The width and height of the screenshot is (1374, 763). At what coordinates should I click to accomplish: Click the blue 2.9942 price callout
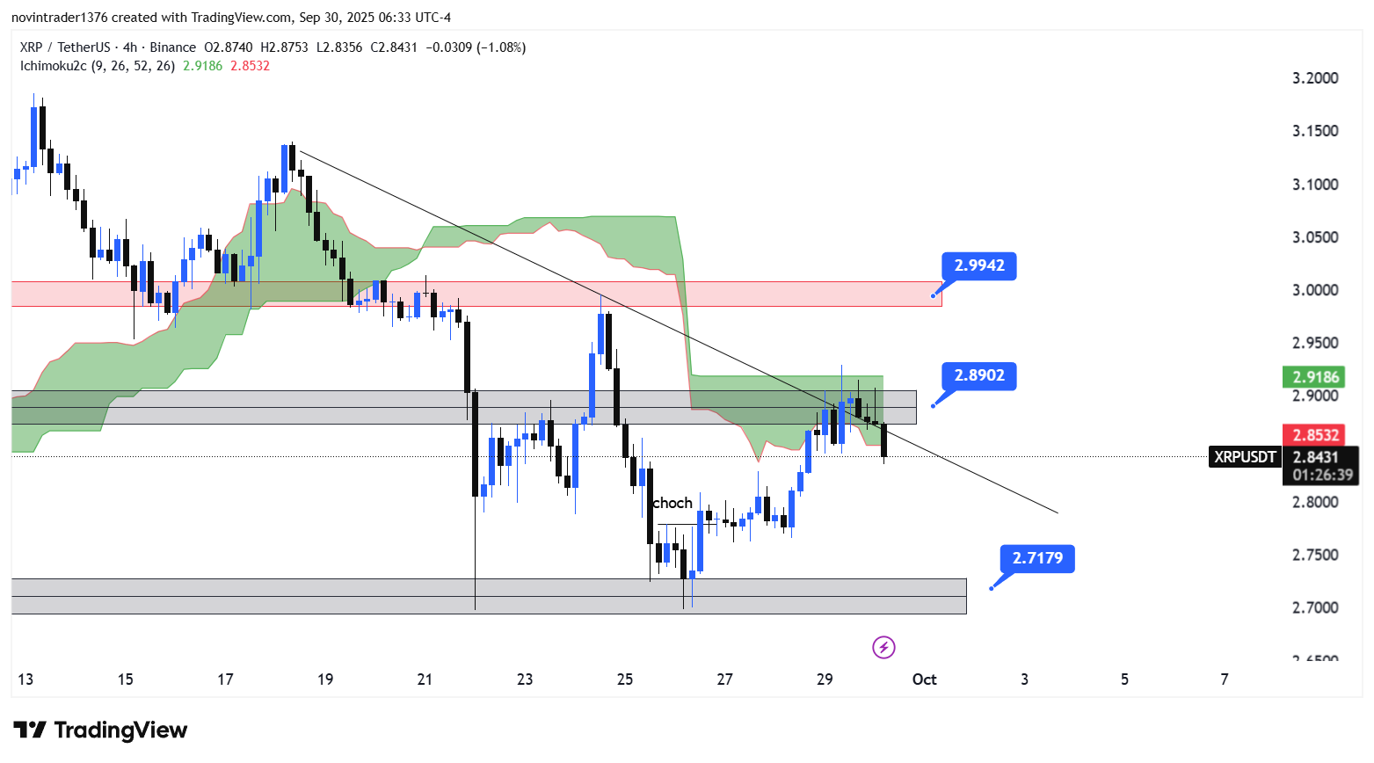pos(978,265)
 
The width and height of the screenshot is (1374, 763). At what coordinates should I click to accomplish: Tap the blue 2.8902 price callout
pos(978,375)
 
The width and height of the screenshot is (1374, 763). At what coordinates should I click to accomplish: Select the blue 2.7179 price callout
pos(1037,558)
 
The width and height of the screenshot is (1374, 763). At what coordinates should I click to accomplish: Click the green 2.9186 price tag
pos(1314,377)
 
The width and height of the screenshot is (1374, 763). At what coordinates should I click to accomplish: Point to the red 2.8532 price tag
pos(1314,434)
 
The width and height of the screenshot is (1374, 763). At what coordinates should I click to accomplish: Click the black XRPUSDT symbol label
pos(1245,457)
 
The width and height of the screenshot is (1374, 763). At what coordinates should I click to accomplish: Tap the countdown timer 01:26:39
pos(1322,475)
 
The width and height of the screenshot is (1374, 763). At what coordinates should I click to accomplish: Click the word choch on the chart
pos(672,503)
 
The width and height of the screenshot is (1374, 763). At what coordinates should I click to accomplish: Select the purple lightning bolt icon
pos(883,648)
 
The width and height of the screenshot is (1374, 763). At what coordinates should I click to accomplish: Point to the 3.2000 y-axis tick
pos(1315,78)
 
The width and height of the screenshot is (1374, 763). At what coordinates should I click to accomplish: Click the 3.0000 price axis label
pos(1315,290)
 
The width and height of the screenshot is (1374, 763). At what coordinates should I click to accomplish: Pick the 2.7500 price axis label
pos(1315,555)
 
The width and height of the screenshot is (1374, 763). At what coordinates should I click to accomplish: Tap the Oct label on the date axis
pos(924,679)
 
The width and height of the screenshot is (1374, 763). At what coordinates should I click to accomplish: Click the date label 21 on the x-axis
pos(425,679)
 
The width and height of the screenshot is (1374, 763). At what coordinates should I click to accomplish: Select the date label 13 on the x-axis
pos(25,679)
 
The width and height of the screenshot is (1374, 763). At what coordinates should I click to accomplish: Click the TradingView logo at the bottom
pos(101,730)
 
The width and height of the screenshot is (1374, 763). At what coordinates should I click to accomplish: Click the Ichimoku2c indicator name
pos(54,66)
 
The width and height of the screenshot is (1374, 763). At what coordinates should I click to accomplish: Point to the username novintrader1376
pos(59,18)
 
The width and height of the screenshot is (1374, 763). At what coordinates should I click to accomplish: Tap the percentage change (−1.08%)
pos(501,47)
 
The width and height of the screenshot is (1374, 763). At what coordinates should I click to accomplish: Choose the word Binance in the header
pos(172,47)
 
